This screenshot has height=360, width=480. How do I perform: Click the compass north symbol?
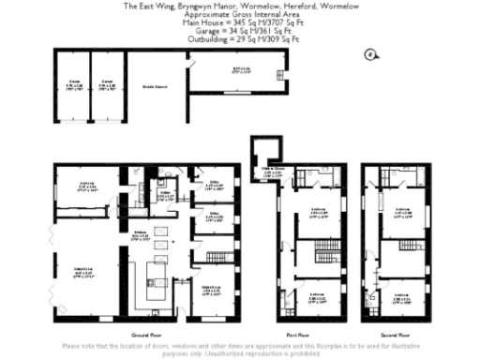[x=370, y=55]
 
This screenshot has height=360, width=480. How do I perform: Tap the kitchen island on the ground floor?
[x=152, y=279]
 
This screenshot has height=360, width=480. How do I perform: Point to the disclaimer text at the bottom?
[x=239, y=349]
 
